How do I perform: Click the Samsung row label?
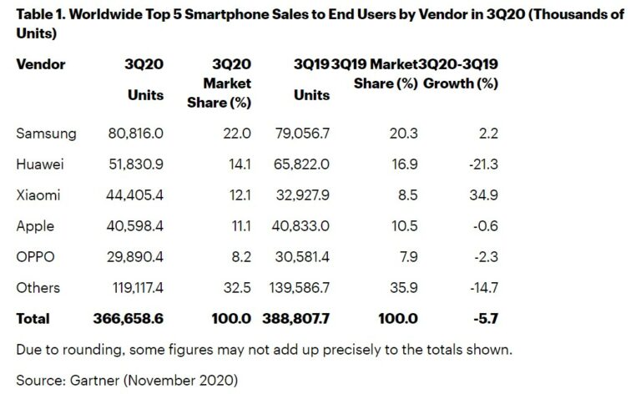(x=46, y=134)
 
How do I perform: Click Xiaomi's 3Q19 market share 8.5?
(x=386, y=195)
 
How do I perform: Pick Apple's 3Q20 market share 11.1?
(x=239, y=226)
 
